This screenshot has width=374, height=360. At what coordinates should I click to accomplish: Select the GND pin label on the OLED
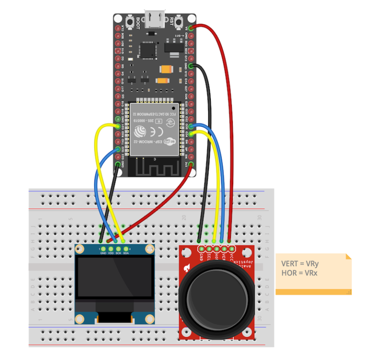103,253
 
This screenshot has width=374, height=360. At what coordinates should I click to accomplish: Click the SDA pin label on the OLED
126,253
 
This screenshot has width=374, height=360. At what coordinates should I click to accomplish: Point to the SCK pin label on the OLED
118,253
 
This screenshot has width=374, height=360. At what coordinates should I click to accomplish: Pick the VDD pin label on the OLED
111,253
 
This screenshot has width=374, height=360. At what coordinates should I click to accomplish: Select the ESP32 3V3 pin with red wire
191,164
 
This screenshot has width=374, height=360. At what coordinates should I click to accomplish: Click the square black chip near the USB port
146,49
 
